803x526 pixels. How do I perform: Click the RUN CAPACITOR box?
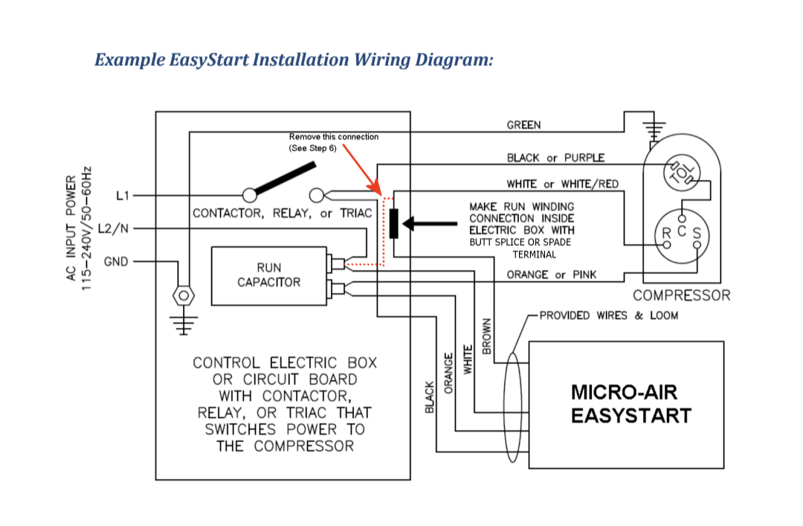point(268,275)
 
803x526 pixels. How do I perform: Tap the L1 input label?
point(123,196)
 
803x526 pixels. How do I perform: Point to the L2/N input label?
point(114,228)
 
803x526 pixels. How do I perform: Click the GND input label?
point(116,262)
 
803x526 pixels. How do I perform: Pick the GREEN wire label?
point(523,125)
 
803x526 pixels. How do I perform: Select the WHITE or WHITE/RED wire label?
point(562,184)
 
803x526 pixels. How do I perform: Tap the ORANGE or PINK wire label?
point(551,275)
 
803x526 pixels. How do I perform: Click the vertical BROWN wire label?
point(487,336)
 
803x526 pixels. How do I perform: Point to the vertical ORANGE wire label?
point(448,372)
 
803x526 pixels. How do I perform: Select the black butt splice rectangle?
point(393,223)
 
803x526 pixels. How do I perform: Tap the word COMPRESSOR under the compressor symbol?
point(681,295)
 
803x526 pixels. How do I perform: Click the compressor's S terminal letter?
point(697,232)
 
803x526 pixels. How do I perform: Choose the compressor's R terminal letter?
point(667,232)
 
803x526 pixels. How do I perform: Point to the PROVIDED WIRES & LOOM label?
point(608,315)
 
